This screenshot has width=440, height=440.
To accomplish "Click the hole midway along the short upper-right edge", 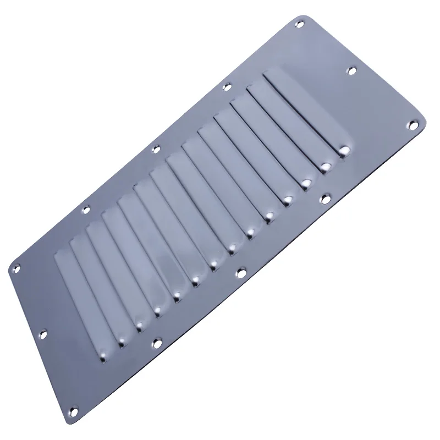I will click(351, 70).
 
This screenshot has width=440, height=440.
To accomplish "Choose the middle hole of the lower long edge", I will click(240, 271).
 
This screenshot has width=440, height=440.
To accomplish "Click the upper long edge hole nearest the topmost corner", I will click(226, 86).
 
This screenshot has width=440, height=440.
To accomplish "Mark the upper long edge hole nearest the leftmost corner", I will click(86, 209).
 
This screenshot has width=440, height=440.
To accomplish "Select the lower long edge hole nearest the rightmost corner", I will click(324, 196).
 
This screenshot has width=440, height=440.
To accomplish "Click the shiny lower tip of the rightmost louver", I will click(345, 148).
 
